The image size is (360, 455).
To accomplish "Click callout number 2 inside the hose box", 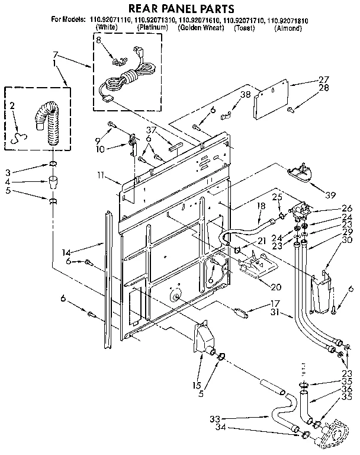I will click(12, 106).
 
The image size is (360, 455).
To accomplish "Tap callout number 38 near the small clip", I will click(246, 94).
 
